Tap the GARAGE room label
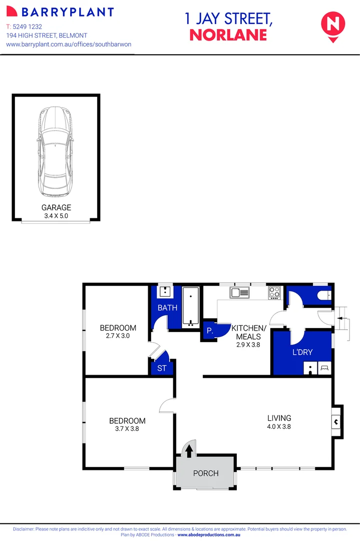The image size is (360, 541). (56, 207)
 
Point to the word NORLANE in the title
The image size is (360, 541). (228, 35)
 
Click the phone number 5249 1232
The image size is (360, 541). (31, 26)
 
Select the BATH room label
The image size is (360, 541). (167, 308)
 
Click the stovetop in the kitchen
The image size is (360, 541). (274, 292)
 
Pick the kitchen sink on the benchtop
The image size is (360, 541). (239, 292)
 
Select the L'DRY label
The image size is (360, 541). (302, 352)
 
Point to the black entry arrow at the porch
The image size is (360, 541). (189, 451)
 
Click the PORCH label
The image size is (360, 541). (205, 473)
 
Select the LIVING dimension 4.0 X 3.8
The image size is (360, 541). (279, 427)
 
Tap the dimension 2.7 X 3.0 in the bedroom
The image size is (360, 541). (118, 336)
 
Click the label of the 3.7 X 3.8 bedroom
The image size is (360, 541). (128, 421)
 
